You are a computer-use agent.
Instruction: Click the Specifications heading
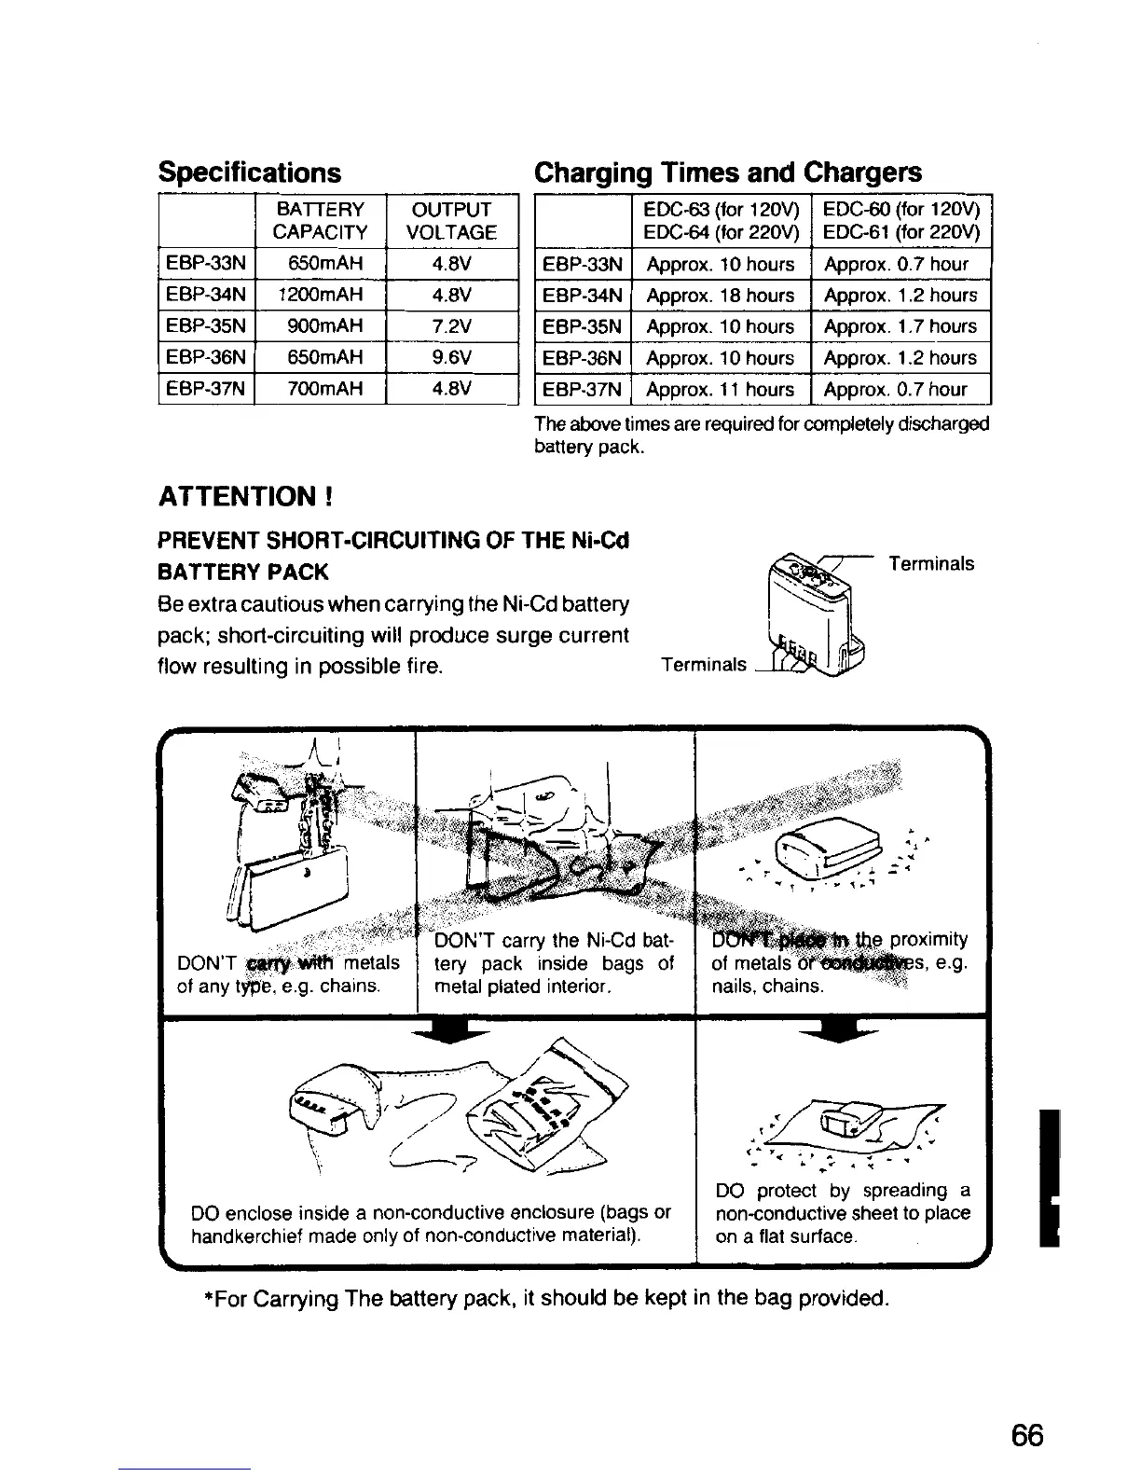[250, 173]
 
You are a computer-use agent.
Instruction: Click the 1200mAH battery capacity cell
[320, 296]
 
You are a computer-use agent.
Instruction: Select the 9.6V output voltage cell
[451, 357]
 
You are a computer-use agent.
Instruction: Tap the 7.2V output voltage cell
[451, 326]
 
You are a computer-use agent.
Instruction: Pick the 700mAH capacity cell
[320, 388]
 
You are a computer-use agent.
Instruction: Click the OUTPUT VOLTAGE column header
[451, 220]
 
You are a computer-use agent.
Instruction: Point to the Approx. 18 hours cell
[721, 296]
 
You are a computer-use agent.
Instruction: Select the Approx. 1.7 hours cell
[900, 326]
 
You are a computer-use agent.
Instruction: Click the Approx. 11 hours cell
[721, 389]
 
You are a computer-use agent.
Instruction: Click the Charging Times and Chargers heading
[727, 173]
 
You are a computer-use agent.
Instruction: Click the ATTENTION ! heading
[246, 495]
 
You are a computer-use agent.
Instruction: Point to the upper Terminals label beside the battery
[931, 563]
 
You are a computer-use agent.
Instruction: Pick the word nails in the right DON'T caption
[733, 986]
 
